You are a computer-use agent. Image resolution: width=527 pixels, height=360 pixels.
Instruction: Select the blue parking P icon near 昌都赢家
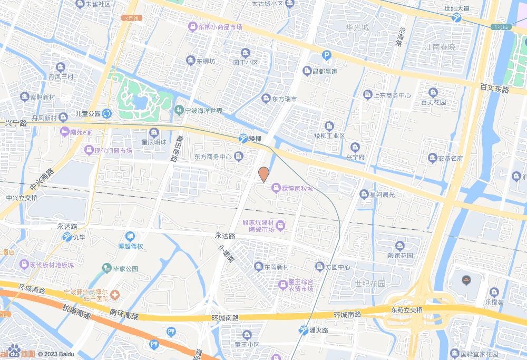coord(327,54)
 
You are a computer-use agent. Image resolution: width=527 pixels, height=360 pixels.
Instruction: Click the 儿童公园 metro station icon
coord(106,113)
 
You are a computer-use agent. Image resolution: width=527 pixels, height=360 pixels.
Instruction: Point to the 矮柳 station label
coord(255,139)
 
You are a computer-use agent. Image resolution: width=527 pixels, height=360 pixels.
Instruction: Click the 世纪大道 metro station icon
coord(456,17)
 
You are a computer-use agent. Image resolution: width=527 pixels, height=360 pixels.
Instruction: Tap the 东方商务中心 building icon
coord(239,156)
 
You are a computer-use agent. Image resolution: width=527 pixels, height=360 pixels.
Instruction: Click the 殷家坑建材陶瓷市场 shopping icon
coord(280,226)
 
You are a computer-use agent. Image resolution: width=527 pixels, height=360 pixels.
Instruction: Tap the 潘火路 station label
coord(319,330)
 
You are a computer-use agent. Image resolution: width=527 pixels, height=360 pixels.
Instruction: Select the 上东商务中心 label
coord(392,95)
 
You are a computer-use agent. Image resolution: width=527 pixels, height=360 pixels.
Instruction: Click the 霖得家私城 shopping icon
coord(275,188)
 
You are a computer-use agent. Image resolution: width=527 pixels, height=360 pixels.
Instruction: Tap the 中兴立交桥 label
coord(22,198)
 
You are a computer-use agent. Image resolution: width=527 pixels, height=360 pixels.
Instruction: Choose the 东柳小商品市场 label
coord(220,26)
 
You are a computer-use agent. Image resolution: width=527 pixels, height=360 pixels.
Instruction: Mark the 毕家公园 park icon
coord(107,268)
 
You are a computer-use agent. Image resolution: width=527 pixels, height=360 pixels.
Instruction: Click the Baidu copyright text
coord(56,354)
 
